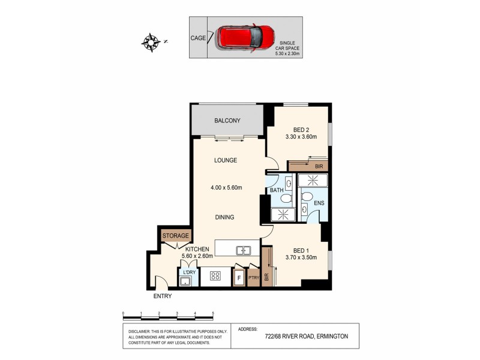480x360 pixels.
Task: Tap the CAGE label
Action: coord(198,38)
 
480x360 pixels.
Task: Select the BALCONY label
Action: coord(227,121)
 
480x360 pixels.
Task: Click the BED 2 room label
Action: coord(301,130)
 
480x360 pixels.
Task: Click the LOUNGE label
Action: coord(226,160)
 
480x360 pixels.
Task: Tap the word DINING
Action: coord(226,217)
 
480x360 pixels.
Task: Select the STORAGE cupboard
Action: coord(175,236)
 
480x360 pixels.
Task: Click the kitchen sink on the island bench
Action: coord(244,251)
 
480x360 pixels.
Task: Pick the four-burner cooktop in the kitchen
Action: coord(215,277)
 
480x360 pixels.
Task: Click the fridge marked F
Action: coord(239,278)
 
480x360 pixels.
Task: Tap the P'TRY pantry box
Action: coord(254,278)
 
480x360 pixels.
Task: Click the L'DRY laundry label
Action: coord(189,273)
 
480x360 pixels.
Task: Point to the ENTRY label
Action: coord(163,296)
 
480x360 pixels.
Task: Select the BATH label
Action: coord(276,190)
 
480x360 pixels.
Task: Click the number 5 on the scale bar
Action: coord(213,313)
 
